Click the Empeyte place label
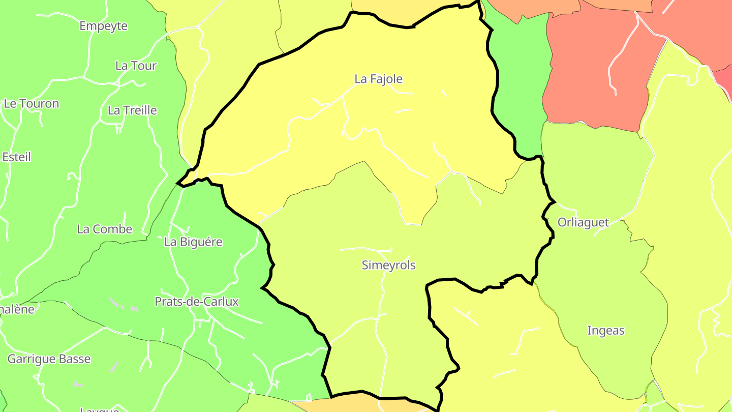click(103, 26)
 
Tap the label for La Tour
click(136, 66)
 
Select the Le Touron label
click(31, 104)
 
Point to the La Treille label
click(132, 110)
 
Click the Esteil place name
click(16, 157)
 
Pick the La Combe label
click(104, 229)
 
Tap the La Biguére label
click(193, 242)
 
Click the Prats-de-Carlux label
click(196, 302)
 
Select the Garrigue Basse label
click(49, 359)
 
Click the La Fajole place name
click(378, 79)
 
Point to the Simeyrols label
click(388, 265)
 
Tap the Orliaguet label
click(583, 222)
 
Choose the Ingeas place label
click(605, 331)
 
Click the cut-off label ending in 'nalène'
click(17, 309)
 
